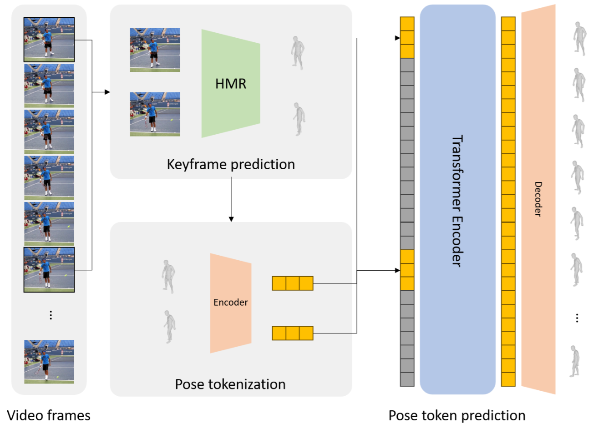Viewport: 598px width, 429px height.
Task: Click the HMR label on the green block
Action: point(231,84)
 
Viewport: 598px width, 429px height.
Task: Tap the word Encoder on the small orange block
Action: point(231,302)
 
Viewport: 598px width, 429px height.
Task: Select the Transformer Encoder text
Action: point(457,201)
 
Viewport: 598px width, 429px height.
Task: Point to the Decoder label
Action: point(538,199)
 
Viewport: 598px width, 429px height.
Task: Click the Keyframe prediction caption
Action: point(231,164)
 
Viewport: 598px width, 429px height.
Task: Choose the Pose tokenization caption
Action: point(230,384)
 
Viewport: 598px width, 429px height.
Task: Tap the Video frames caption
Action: point(49,415)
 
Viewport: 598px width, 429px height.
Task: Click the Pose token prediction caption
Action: point(457,415)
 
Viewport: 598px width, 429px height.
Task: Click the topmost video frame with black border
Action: point(49,40)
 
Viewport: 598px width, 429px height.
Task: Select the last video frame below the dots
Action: point(49,362)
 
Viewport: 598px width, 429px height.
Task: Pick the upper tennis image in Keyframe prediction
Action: point(155,50)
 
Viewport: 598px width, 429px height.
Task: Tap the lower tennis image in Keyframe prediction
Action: point(155,114)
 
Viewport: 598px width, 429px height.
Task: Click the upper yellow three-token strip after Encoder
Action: point(293,283)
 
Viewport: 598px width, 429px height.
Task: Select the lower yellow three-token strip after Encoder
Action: point(293,333)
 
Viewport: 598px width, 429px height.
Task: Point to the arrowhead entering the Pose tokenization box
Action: point(231,219)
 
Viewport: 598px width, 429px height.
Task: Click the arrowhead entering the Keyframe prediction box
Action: point(107,92)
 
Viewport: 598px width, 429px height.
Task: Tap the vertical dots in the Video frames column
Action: point(51,315)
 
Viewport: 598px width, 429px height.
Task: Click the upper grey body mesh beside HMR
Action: point(298,53)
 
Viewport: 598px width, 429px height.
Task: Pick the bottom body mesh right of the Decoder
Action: point(575,362)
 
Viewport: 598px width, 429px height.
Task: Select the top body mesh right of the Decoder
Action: point(580,39)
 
